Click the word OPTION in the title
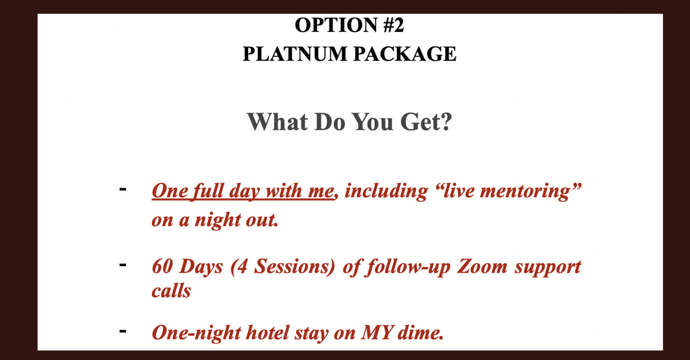coord(336,25)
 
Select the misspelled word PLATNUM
coord(295,54)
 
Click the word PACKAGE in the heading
coord(405,54)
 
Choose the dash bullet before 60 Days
coord(123,264)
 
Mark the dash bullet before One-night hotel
coord(123,331)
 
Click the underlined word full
coord(208,191)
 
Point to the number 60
coord(162,266)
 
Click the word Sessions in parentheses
coord(291,266)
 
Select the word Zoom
coord(482,266)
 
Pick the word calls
coord(171,290)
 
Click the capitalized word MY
coord(377,333)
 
